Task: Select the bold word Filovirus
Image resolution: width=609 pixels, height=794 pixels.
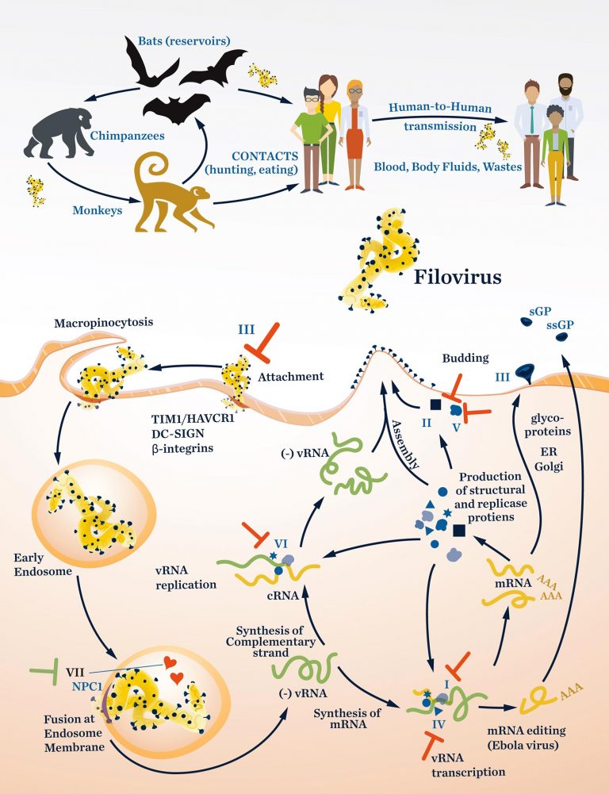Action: pos(457,278)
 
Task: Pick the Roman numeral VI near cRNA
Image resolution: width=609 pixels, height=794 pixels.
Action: pos(280,543)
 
